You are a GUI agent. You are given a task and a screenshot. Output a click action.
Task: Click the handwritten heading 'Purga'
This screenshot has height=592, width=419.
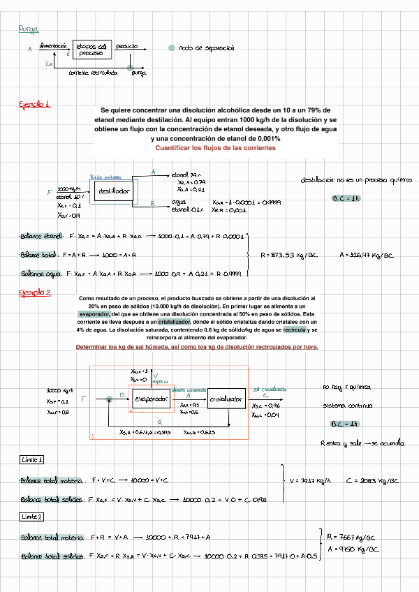click(29, 29)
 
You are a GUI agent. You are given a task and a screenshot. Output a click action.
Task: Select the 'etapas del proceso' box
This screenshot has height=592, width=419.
click(91, 49)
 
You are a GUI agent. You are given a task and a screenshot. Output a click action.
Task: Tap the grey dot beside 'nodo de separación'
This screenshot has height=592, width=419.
click(172, 48)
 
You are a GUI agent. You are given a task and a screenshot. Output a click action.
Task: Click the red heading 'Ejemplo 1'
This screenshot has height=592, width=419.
click(34, 105)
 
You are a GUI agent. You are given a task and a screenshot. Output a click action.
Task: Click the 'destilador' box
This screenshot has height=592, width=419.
click(112, 191)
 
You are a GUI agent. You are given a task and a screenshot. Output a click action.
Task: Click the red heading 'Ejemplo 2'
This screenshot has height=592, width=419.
click(34, 293)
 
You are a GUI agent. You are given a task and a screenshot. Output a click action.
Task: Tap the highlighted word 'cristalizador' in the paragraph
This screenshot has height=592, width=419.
click(176, 322)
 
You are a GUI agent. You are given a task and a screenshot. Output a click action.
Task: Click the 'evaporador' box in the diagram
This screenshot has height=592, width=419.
click(149, 399)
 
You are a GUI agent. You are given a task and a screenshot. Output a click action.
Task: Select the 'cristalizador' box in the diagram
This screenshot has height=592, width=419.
click(227, 399)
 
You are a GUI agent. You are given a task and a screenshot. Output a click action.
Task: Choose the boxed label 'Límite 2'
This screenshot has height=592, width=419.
click(32, 517)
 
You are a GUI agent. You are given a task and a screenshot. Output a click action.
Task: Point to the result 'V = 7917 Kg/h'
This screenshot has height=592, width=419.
click(310, 481)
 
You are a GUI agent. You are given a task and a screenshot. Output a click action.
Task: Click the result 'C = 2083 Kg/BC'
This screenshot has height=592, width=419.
click(372, 481)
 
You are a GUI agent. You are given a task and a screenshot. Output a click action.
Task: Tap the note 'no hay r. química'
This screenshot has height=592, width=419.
click(346, 387)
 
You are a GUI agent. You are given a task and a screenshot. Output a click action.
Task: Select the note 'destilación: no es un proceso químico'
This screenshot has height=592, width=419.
click(355, 180)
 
